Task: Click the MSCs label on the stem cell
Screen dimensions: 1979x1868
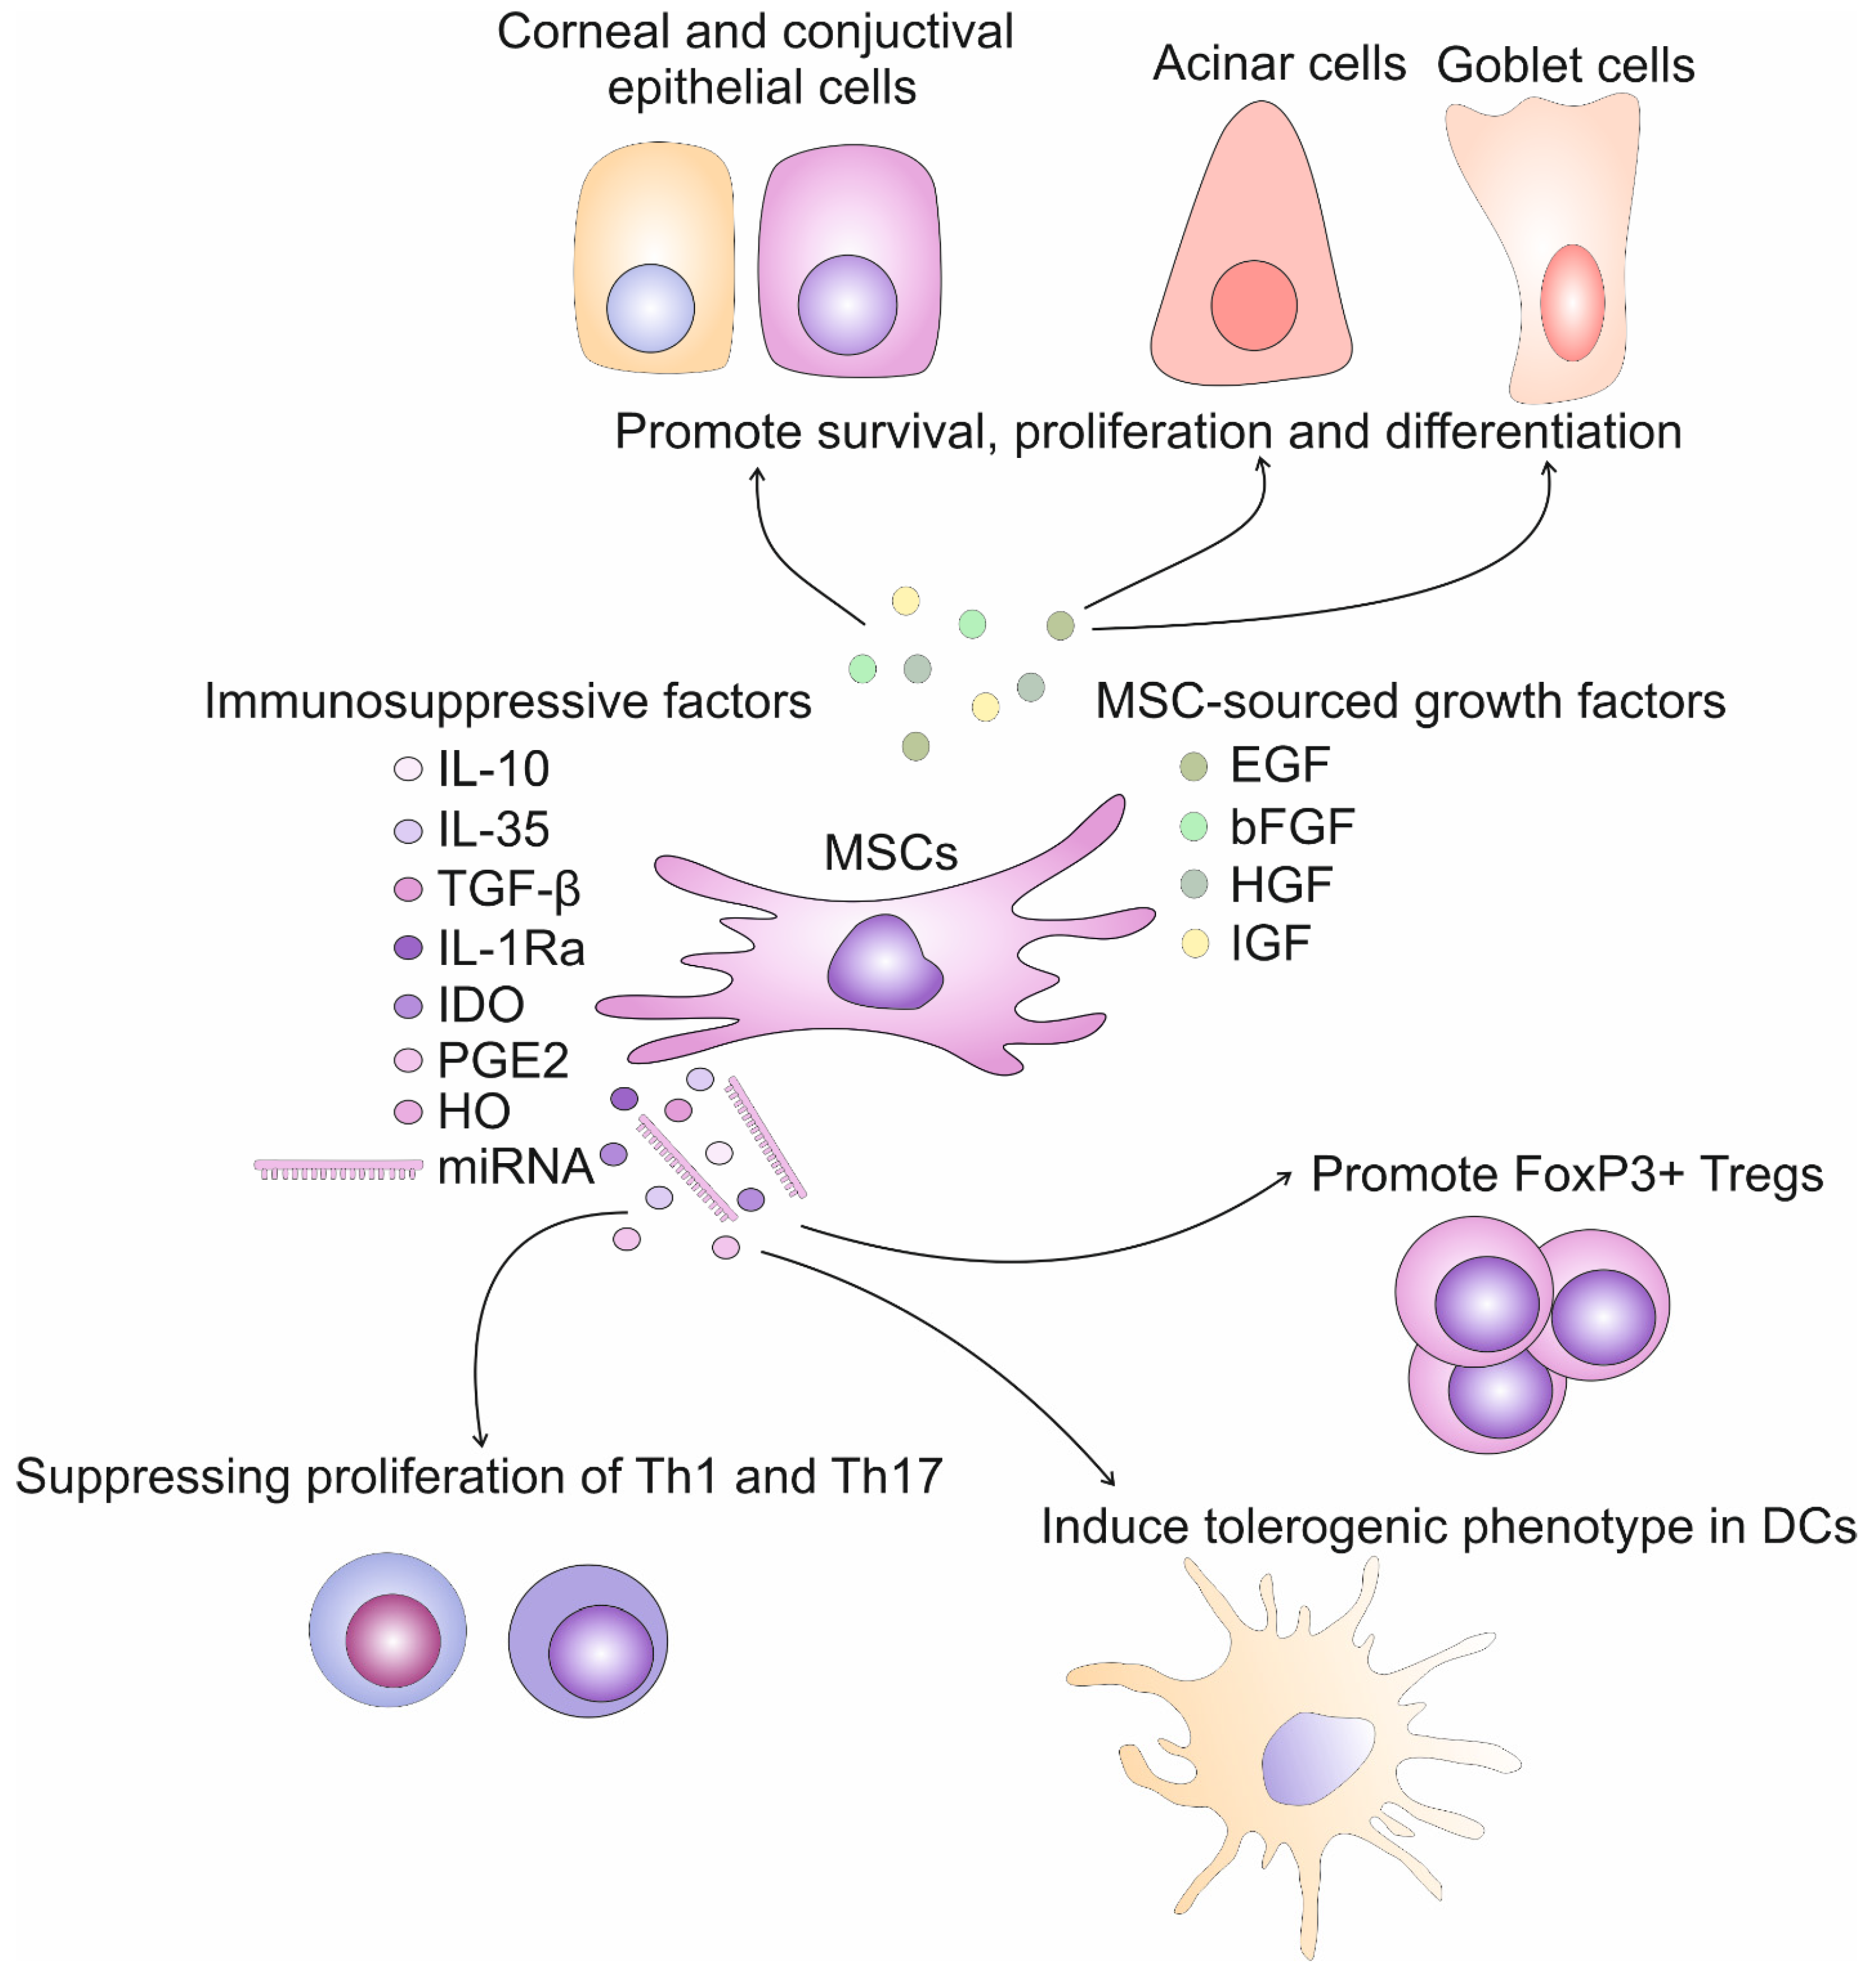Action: pos(890,852)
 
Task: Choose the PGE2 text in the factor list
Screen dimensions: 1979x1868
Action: pos(503,1060)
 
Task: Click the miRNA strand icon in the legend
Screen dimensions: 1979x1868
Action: pos(338,1168)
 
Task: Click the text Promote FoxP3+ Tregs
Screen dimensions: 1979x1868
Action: pos(1566,1174)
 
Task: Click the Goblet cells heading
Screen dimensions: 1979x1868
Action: pos(1564,66)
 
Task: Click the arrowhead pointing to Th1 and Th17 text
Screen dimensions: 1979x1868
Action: pos(481,1440)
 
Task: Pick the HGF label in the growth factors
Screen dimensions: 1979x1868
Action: pos(1281,885)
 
